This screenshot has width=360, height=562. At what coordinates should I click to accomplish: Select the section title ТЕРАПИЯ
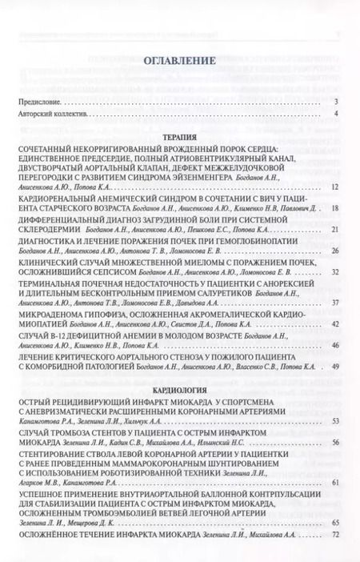click(x=180, y=137)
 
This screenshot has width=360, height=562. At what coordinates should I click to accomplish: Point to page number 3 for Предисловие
click(x=337, y=102)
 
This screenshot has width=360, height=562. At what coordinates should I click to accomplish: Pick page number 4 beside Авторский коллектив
click(x=337, y=116)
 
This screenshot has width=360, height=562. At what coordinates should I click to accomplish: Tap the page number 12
click(x=335, y=186)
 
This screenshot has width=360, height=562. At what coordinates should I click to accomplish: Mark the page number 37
click(x=335, y=303)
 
